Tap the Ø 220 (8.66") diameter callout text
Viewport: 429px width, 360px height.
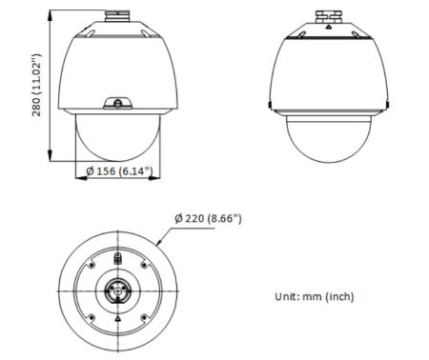(x=208, y=218)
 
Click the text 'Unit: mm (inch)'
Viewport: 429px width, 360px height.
(x=315, y=296)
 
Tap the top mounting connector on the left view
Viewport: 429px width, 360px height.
(x=116, y=15)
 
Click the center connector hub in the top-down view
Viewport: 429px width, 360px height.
(x=116, y=289)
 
